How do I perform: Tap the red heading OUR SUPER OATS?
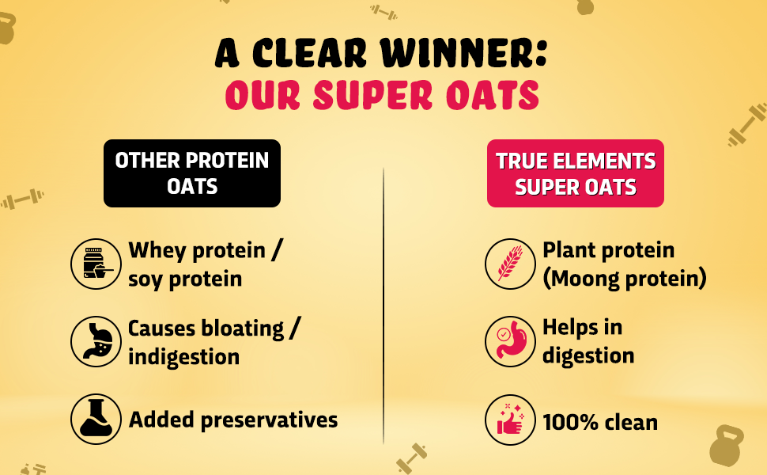click(x=382, y=95)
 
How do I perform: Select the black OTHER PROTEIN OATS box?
click(x=192, y=173)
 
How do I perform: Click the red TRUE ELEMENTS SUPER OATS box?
click(x=575, y=173)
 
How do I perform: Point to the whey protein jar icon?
click(x=96, y=264)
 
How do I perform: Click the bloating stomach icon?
click(x=96, y=342)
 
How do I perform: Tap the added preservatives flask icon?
click(x=96, y=420)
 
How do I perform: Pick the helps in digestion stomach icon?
click(x=510, y=342)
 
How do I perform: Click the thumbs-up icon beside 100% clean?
click(x=510, y=420)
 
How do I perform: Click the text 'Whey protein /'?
click(x=206, y=250)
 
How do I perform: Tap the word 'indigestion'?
click(x=183, y=356)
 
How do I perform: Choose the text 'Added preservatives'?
click(x=233, y=420)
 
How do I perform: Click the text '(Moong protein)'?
click(x=624, y=279)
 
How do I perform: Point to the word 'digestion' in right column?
click(x=588, y=355)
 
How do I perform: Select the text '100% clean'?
click(x=599, y=422)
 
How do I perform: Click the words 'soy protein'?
click(x=185, y=279)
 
